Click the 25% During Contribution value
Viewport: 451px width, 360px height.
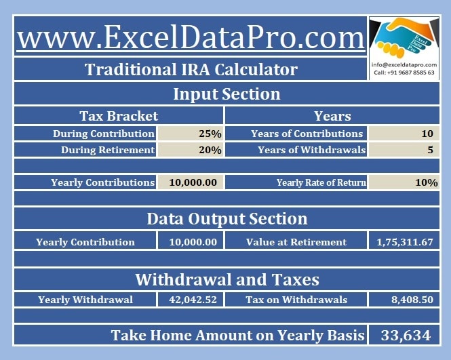[210, 134]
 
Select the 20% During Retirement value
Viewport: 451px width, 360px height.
[210, 150]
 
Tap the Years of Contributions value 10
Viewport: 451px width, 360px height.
[427, 134]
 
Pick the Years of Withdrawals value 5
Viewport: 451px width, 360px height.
[430, 150]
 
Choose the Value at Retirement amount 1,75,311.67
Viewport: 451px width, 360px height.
[405, 242]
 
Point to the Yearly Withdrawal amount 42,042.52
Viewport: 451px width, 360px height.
[193, 300]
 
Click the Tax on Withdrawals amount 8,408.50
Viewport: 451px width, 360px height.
[412, 300]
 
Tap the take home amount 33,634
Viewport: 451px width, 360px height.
[406, 336]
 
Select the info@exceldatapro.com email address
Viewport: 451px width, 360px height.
[404, 65]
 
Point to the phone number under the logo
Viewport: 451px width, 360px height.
[404, 73]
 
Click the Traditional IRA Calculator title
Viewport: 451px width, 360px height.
[191, 70]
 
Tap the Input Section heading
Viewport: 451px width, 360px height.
[227, 94]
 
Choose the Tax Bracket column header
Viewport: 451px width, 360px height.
[119, 116]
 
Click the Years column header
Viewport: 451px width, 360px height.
[332, 116]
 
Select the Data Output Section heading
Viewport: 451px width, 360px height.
[227, 219]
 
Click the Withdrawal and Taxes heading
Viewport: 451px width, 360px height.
[227, 279]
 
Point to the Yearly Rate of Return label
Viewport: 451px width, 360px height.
[321, 182]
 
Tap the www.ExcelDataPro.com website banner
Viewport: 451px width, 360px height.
[191, 37]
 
